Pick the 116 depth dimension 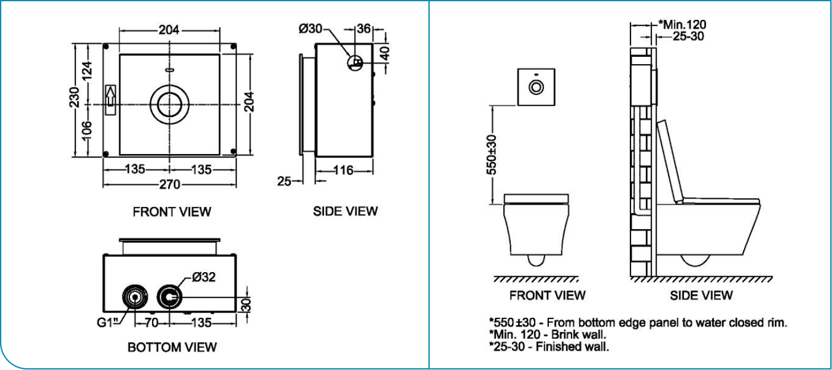(x=344, y=170)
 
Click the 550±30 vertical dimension (x=491, y=154)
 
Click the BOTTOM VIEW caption (x=172, y=347)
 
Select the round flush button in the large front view (x=169, y=105)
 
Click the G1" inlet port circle (x=135, y=297)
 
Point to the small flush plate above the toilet (x=536, y=87)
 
